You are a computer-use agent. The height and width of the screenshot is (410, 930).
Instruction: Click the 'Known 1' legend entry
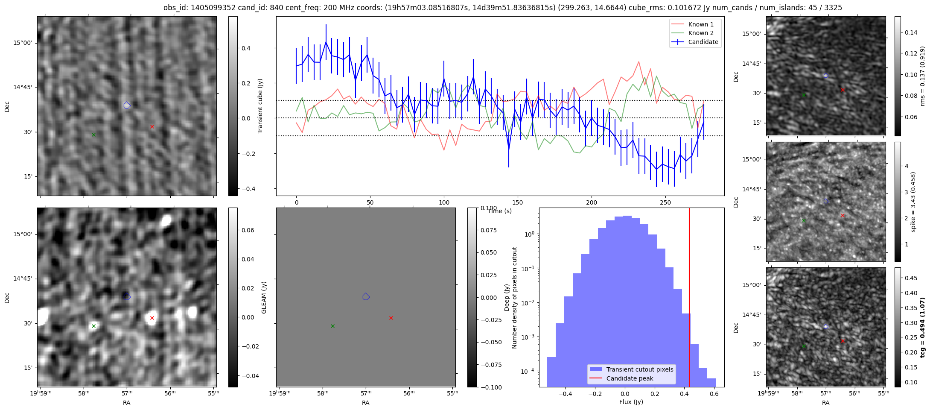(x=701, y=24)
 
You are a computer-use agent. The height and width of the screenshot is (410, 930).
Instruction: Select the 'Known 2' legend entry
(x=701, y=33)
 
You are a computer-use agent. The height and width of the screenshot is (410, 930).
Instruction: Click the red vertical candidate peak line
(x=689, y=297)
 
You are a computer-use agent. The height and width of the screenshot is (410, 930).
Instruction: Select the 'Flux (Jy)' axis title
(x=631, y=402)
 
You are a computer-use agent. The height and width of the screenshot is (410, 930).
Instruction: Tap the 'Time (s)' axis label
(x=500, y=211)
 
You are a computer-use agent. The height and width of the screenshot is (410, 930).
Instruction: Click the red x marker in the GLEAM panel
(x=391, y=318)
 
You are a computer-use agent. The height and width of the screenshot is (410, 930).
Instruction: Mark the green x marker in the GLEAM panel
(x=332, y=326)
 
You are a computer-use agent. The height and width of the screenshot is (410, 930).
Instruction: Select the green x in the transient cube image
(x=93, y=135)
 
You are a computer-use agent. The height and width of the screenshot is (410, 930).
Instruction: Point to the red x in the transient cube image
(x=152, y=126)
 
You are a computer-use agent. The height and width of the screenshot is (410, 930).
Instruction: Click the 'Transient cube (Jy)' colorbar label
(x=260, y=106)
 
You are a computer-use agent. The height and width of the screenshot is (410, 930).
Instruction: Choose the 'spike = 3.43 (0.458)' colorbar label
(x=913, y=202)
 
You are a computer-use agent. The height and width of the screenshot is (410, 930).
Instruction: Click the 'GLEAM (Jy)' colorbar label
(x=264, y=297)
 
